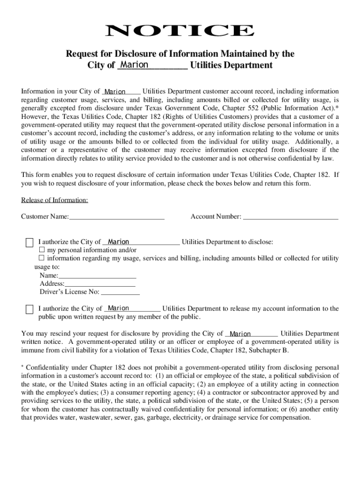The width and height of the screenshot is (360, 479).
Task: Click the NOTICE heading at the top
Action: click(x=180, y=31)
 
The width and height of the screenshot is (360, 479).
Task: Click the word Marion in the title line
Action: click(x=134, y=65)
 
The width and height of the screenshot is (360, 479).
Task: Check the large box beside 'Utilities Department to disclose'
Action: click(x=29, y=242)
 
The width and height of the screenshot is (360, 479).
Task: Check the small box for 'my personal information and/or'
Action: click(x=41, y=250)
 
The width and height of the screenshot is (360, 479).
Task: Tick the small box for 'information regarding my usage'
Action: click(x=41, y=258)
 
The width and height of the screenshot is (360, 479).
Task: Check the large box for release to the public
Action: click(x=29, y=309)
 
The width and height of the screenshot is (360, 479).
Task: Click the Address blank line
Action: click(x=100, y=283)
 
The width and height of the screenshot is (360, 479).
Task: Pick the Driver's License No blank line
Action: click(x=120, y=292)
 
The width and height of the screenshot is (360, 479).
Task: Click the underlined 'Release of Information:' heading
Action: click(x=55, y=200)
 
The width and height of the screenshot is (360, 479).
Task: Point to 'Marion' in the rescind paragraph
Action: click(x=240, y=334)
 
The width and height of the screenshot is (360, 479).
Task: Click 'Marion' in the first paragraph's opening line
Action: click(x=115, y=92)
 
